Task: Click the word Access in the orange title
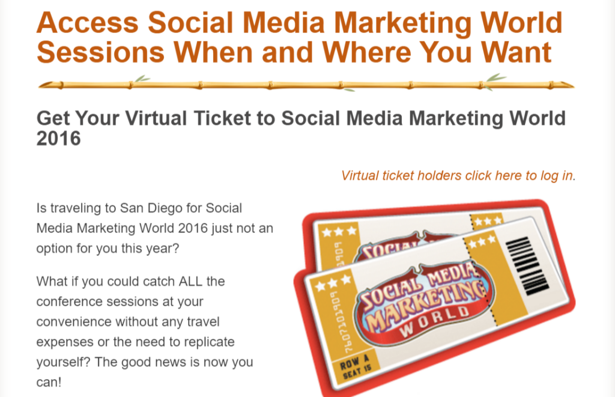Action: point(88,22)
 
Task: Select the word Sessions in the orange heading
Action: point(100,52)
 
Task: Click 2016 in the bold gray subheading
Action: point(58,139)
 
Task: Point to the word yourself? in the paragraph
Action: point(64,362)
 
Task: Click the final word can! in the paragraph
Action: point(49,382)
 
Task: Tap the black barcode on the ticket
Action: point(527,265)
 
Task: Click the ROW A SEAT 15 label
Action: point(356,366)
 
